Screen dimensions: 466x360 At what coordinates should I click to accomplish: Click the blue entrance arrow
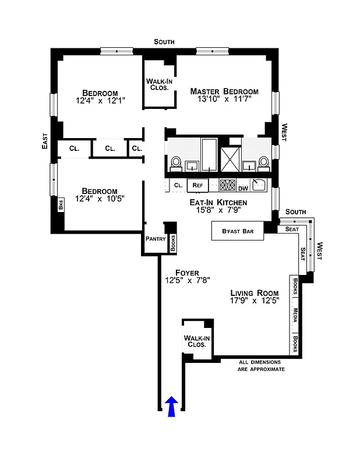tap(172, 407)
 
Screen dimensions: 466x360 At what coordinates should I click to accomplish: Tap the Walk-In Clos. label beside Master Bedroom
tap(158, 84)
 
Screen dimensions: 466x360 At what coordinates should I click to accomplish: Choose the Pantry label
tap(156, 238)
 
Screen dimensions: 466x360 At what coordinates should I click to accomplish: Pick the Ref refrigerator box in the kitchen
tap(197, 185)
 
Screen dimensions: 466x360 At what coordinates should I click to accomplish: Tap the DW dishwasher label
tap(243, 188)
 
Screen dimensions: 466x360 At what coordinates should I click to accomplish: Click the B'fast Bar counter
tap(237, 231)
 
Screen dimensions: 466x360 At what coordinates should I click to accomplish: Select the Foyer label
tap(186, 273)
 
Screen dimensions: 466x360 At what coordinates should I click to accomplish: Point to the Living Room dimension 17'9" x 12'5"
tap(255, 301)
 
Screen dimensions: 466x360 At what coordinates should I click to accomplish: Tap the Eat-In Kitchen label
tap(218, 203)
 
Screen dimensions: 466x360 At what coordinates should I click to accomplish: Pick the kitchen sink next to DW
tap(260, 186)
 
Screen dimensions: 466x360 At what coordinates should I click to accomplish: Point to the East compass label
tap(45, 142)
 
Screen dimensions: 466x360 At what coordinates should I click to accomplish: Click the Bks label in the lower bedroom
tap(60, 205)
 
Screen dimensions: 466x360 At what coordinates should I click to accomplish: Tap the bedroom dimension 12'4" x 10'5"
tap(100, 199)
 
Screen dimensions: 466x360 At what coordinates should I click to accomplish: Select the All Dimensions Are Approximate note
tap(262, 366)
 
